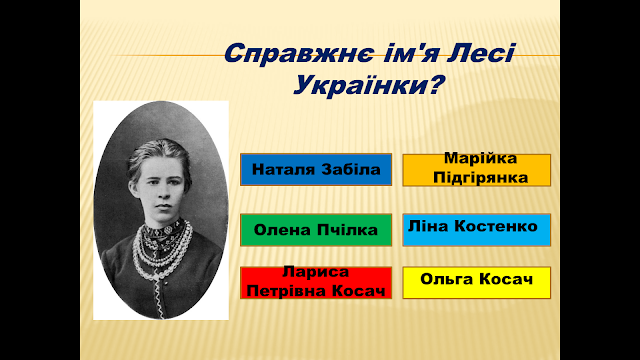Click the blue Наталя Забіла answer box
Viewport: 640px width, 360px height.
point(316,169)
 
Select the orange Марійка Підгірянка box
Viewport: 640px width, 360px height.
point(477,170)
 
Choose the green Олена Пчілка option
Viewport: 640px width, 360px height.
point(316,230)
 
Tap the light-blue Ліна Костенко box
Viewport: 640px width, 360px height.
point(477,230)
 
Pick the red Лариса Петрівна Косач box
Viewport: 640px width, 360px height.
point(316,282)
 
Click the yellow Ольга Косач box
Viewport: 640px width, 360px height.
point(477,282)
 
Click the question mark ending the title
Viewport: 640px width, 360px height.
point(435,85)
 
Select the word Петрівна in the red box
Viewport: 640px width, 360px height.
point(287,291)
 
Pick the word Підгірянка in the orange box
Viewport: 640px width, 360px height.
point(480,178)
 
